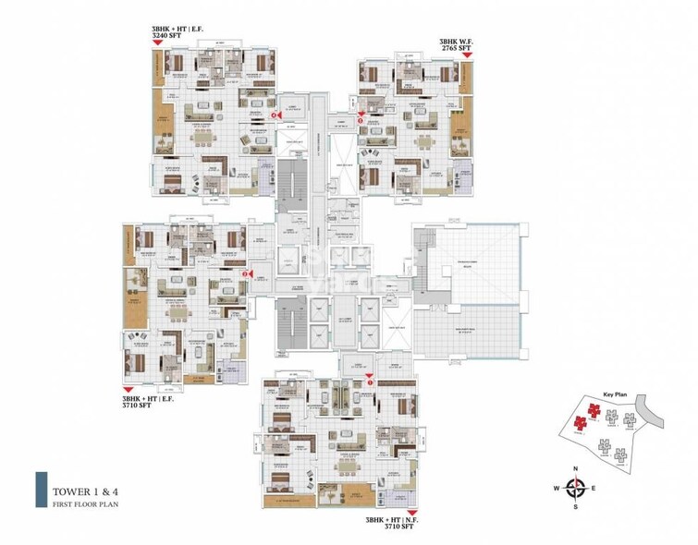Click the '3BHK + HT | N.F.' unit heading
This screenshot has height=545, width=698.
385,519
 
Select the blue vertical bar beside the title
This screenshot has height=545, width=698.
41,490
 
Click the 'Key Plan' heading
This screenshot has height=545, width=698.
615,394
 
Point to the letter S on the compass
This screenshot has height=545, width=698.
576,507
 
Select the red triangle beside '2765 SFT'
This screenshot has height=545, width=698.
468,55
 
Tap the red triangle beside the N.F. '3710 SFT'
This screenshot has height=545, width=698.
412,511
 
